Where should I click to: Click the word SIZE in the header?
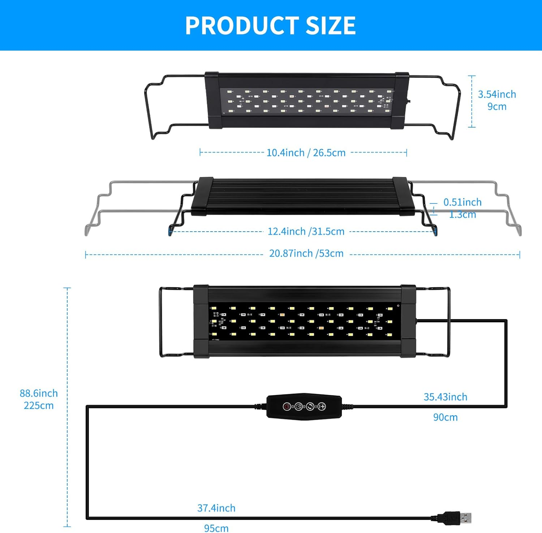pyautogui.click(x=331, y=25)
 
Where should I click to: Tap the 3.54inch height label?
pyautogui.click(x=497, y=94)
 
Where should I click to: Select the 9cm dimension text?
pyautogui.click(x=497, y=107)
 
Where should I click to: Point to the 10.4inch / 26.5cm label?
pyautogui.click(x=306, y=152)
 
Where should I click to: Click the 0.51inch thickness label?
pyautogui.click(x=462, y=202)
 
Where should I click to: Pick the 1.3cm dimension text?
pyautogui.click(x=462, y=215)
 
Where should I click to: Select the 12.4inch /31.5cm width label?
pyautogui.click(x=306, y=231)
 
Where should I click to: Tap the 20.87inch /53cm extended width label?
pyautogui.click(x=306, y=253)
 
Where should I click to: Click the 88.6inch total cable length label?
pyautogui.click(x=39, y=393)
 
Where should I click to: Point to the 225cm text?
pyautogui.click(x=39, y=405)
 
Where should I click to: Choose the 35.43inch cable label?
pyautogui.click(x=445, y=397)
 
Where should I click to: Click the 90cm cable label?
pyautogui.click(x=445, y=417)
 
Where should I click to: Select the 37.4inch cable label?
pyautogui.click(x=216, y=508)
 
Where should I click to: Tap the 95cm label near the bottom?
pyautogui.click(x=216, y=528)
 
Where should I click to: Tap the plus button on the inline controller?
pyautogui.click(x=322, y=407)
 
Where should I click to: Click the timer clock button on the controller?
pyautogui.click(x=298, y=407)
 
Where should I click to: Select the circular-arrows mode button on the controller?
pyautogui.click(x=310, y=407)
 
